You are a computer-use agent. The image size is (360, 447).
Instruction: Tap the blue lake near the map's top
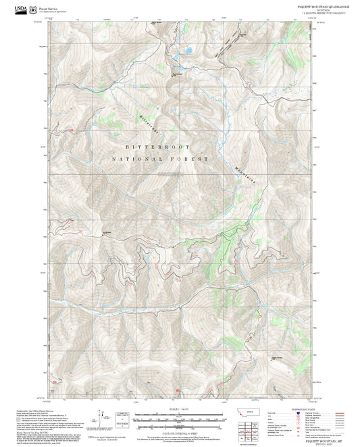click(188, 50)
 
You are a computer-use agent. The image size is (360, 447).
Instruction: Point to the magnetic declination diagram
click(101, 415)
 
